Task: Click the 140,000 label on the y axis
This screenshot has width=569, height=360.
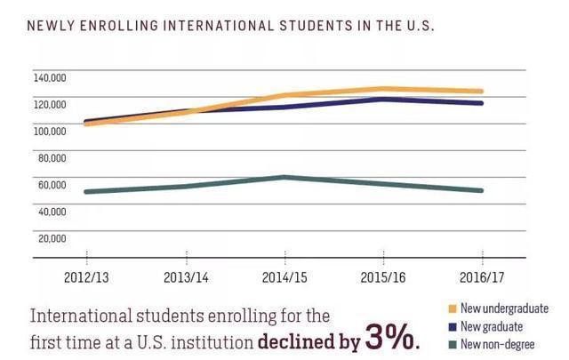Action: (x=51, y=77)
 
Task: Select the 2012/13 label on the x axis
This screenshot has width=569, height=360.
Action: (x=86, y=277)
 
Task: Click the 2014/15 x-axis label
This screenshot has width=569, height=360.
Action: (x=284, y=277)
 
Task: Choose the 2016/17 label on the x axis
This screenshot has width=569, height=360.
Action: (x=481, y=277)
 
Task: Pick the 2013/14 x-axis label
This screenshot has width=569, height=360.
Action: (x=186, y=277)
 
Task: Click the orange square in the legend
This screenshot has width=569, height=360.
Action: (x=452, y=309)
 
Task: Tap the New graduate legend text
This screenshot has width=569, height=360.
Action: (x=492, y=326)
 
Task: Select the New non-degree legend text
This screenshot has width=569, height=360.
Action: (x=497, y=344)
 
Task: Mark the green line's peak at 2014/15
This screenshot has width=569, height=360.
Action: (x=284, y=177)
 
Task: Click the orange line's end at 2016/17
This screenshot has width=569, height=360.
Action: (x=481, y=91)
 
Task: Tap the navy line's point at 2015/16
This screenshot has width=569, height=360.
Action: (x=382, y=99)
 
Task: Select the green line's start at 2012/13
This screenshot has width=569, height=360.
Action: (x=86, y=191)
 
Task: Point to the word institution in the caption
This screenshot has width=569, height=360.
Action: (x=207, y=340)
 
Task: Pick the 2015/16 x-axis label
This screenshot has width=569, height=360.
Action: (x=382, y=277)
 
